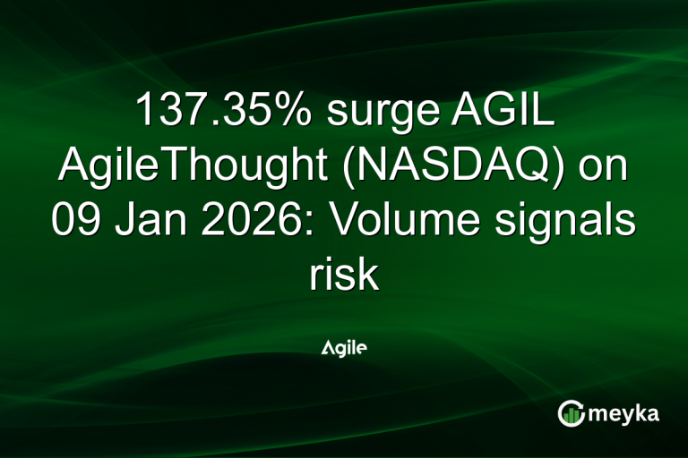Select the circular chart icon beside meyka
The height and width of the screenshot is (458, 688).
(x=571, y=412)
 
